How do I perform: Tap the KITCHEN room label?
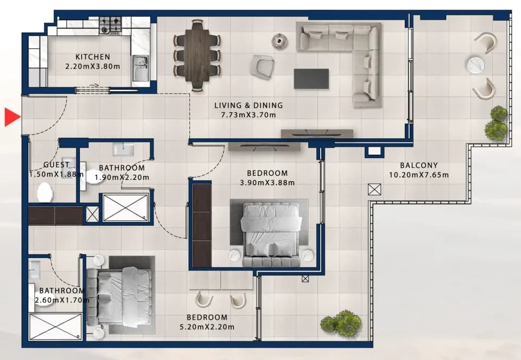tap(93, 57)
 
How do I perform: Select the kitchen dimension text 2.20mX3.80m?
tap(93, 66)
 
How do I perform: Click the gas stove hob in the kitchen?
tap(110, 26)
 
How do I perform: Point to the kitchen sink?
tap(141, 68)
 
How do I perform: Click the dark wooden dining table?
tap(197, 55)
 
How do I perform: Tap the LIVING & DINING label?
tap(249, 105)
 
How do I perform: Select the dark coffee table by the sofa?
tap(312, 79)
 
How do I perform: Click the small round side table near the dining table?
tap(279, 41)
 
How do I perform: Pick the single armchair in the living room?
tap(263, 67)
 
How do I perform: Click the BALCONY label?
tap(418, 165)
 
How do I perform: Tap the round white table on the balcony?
tap(475, 65)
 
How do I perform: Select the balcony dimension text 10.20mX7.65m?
tap(418, 175)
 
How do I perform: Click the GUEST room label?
tap(56, 165)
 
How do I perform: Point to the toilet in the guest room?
tap(45, 192)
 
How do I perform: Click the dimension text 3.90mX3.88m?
tap(267, 182)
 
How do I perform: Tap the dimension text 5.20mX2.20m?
tap(207, 327)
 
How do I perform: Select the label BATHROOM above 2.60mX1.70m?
tap(62, 290)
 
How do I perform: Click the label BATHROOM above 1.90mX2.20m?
tap(122, 168)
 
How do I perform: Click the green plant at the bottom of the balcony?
tap(341, 323)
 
